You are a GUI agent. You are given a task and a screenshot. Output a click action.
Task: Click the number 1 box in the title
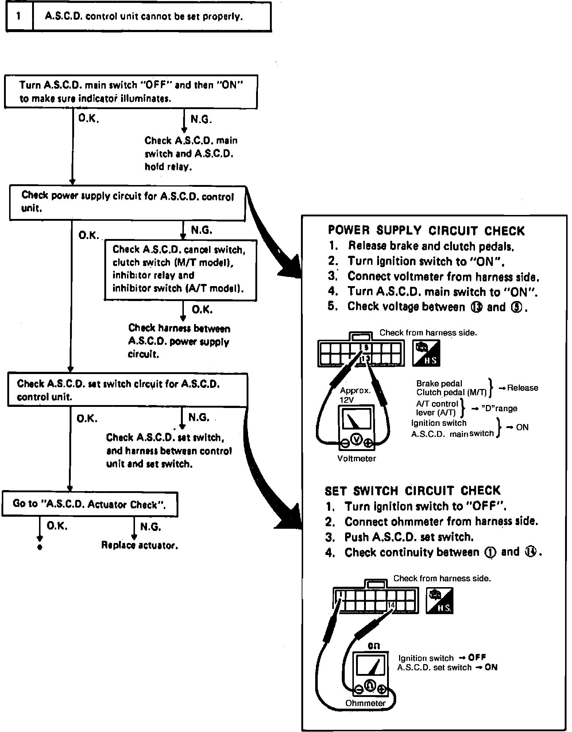19,17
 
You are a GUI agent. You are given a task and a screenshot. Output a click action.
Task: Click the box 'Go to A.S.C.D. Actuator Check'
90,504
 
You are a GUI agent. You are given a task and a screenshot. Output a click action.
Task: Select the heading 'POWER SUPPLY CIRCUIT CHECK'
426,231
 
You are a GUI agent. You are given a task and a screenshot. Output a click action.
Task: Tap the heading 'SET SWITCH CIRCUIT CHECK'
413,491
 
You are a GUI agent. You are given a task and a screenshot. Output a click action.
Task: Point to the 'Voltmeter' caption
356,459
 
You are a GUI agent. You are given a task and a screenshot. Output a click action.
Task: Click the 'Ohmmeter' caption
365,703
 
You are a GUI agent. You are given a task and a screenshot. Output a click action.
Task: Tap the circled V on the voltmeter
356,440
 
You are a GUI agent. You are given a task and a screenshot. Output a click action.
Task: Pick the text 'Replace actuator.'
140,546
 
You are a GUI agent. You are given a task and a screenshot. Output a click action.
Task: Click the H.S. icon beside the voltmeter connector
426,353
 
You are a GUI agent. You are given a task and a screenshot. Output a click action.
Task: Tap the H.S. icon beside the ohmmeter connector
440,600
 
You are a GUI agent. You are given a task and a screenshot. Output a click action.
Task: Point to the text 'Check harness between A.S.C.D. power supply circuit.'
179,341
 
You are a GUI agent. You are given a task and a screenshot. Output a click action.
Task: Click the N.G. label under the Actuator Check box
151,527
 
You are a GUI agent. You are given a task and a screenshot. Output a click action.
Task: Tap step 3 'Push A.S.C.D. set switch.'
409,537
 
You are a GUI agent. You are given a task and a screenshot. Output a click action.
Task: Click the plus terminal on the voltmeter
368,443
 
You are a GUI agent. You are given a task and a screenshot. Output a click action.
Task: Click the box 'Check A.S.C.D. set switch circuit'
127,390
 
